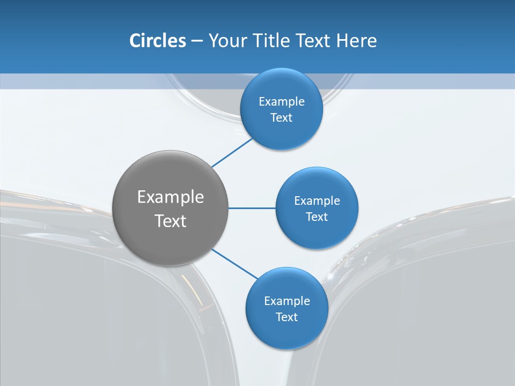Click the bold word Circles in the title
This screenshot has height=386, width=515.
[x=157, y=41]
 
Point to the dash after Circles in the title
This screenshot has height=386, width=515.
[x=197, y=41]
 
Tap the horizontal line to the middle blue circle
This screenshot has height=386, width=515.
[x=252, y=208]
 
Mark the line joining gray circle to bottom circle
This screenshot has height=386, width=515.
[x=235, y=264]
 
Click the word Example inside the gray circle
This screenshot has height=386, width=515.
[x=171, y=197]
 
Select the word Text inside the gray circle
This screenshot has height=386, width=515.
[x=171, y=221]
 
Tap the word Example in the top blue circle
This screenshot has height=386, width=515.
[x=282, y=102]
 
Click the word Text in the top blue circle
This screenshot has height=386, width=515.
[x=281, y=118]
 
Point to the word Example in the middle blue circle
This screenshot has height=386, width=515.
[x=317, y=201]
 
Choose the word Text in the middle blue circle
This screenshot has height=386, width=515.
[x=317, y=217]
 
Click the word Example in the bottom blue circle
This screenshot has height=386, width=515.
[x=287, y=301]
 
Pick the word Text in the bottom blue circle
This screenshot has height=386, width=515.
[x=286, y=317]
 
